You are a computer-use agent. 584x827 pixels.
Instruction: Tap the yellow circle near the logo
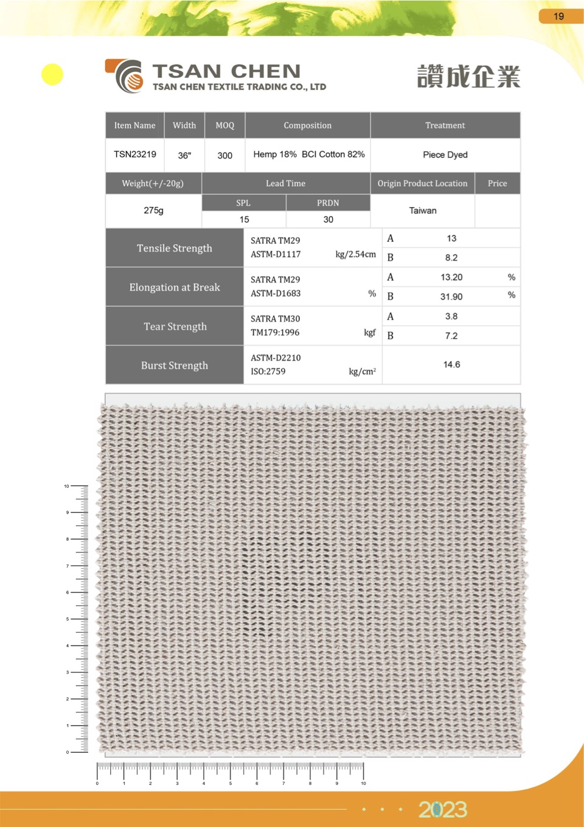[x=52, y=74]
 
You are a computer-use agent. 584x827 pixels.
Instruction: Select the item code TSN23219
[x=135, y=155]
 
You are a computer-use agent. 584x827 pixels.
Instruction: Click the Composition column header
[x=307, y=125]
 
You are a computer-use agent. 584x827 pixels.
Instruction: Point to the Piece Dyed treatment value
[x=445, y=155]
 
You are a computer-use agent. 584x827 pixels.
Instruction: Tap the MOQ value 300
[x=225, y=155]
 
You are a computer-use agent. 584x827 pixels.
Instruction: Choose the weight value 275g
[x=153, y=211]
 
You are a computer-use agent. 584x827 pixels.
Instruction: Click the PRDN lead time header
[x=328, y=203]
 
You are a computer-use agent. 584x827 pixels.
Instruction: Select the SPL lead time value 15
[x=244, y=219]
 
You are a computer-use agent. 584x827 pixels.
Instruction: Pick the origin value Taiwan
[x=423, y=211]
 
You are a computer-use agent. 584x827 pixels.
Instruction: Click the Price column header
[x=497, y=183]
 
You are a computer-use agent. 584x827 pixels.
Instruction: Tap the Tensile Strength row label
[x=175, y=248]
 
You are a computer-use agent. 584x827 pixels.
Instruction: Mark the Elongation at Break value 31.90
[x=451, y=297]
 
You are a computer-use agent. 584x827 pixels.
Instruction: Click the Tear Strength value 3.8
[x=451, y=317]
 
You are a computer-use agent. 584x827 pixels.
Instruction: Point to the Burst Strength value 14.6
[x=451, y=365]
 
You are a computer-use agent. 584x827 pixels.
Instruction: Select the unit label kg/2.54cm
[x=356, y=255]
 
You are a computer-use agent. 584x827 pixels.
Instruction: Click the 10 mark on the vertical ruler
[x=67, y=486]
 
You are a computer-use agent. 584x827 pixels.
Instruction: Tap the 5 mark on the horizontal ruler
[x=230, y=783]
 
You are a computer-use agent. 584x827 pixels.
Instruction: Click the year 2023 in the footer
[x=443, y=809]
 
